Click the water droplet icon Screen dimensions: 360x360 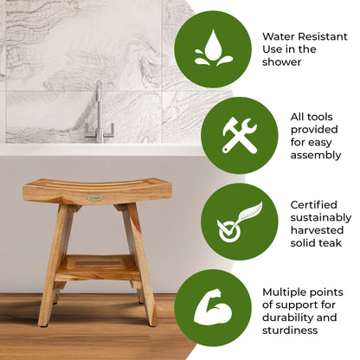click(x=213, y=48)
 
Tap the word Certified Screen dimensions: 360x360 click(x=290, y=204)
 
